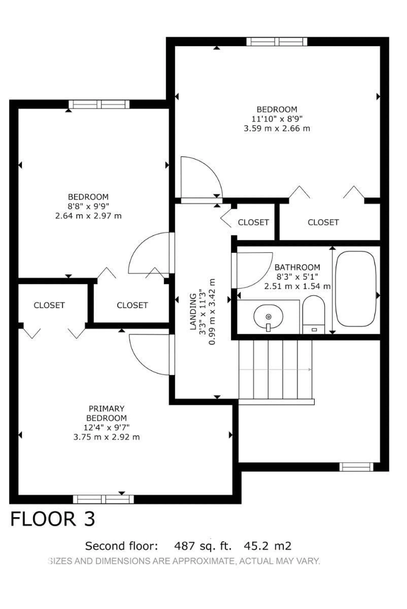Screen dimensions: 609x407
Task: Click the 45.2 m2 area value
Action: tap(267, 546)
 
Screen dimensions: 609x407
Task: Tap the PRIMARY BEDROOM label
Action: tap(106, 413)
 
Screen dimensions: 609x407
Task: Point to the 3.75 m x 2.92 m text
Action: tap(106, 437)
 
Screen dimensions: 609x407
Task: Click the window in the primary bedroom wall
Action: tap(103, 499)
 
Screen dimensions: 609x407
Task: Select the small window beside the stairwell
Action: tap(356, 467)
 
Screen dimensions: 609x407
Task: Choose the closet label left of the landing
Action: tap(132, 305)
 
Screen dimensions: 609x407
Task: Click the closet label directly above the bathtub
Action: tap(323, 222)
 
